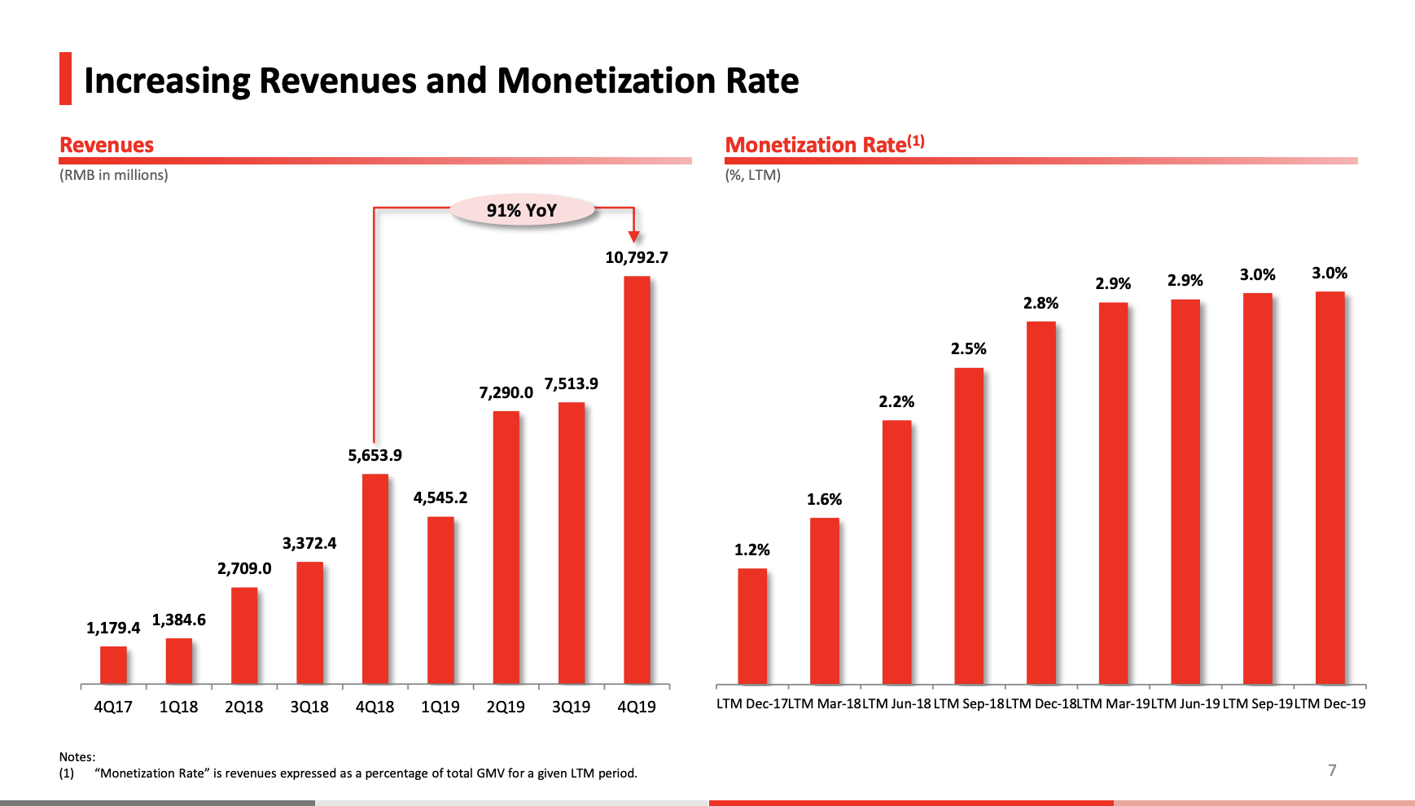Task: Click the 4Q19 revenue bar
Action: [637, 480]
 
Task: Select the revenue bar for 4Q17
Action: [113, 665]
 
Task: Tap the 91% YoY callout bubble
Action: [522, 210]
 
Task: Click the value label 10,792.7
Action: [637, 258]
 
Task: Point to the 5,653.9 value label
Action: [375, 456]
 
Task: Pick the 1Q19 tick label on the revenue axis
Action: [440, 707]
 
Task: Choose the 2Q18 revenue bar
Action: [244, 635]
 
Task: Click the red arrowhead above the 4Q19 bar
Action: [633, 237]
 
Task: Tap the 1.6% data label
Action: [824, 500]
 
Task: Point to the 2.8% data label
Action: [1040, 304]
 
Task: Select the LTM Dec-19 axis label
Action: [1330, 704]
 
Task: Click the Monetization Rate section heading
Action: [824, 145]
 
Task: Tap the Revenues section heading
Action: [107, 146]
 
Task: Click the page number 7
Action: [1332, 770]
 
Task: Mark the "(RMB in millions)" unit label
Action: [114, 175]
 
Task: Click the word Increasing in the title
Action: [168, 81]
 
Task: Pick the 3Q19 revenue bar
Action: [572, 543]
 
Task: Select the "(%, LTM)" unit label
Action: [753, 175]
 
